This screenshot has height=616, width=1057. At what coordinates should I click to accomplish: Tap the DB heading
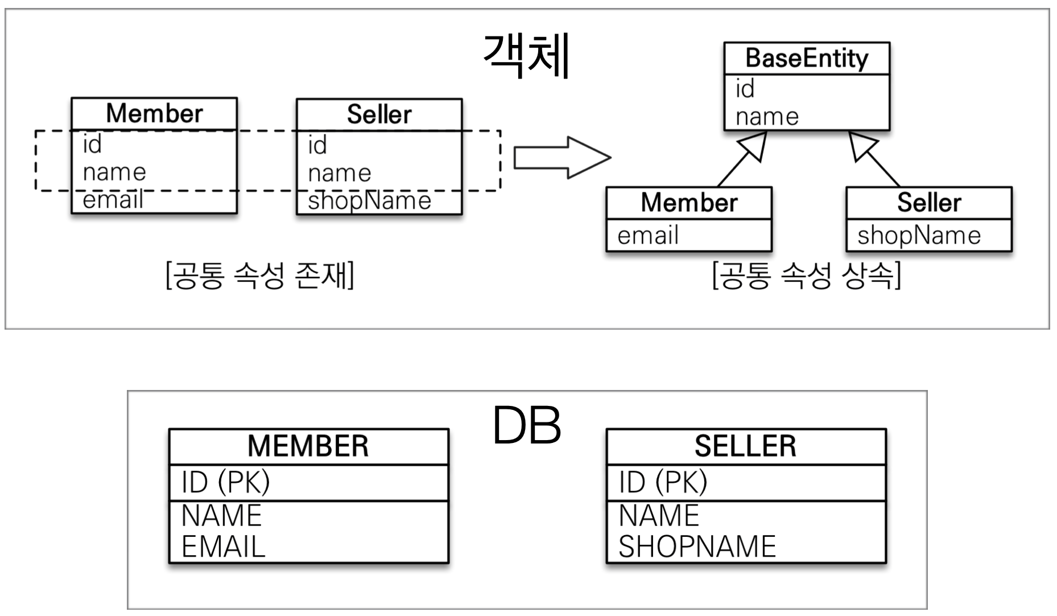click(527, 426)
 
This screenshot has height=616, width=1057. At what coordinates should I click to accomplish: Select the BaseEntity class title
click(807, 58)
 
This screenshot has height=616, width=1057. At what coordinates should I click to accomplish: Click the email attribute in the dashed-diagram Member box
click(113, 200)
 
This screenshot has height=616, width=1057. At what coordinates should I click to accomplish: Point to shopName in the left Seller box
click(369, 201)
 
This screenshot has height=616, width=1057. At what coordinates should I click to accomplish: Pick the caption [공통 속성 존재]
click(260, 276)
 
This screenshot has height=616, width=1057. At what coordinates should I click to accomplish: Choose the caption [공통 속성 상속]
click(807, 276)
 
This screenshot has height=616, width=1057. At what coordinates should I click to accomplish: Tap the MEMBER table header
click(308, 446)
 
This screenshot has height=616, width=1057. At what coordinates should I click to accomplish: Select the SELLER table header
click(745, 446)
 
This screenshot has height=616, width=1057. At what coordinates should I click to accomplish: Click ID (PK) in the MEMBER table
click(225, 482)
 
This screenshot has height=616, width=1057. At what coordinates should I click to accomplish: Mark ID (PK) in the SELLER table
click(663, 482)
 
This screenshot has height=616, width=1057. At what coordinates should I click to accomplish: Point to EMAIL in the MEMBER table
click(223, 547)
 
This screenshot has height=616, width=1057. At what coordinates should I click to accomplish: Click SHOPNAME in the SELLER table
click(697, 547)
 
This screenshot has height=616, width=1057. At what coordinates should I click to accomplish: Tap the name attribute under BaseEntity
click(767, 117)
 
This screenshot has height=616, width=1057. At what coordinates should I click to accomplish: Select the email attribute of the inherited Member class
click(648, 236)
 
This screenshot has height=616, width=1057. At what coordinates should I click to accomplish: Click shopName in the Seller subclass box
click(919, 236)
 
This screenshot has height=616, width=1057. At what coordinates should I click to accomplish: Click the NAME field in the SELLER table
click(658, 516)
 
